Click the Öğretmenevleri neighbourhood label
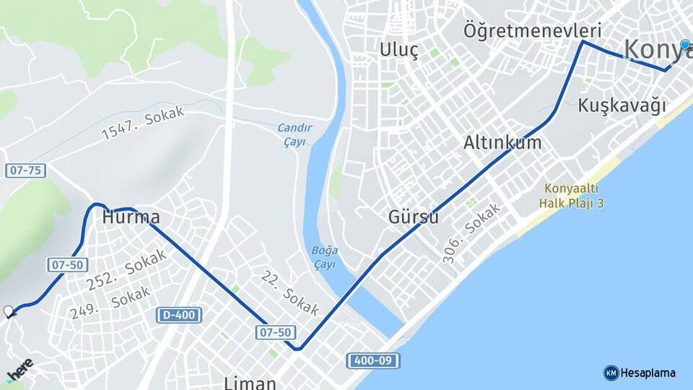[x=533, y=31]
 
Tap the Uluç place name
[x=399, y=51]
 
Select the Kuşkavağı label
[x=622, y=105]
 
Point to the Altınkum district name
[x=502, y=142]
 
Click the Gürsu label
[x=414, y=217]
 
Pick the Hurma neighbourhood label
[x=131, y=217]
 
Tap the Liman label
[x=250, y=382]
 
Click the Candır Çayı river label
[x=294, y=134]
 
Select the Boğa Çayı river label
[x=325, y=257]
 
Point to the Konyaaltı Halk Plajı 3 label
[x=571, y=195]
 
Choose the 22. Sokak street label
[x=290, y=292]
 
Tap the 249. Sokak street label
[x=110, y=302]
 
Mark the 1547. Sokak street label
[x=143, y=123]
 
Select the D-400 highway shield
[x=179, y=315]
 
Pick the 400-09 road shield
[x=372, y=360]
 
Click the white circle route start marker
[x=9, y=311]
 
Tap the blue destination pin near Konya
[x=685, y=45]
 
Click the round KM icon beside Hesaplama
[x=611, y=373]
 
